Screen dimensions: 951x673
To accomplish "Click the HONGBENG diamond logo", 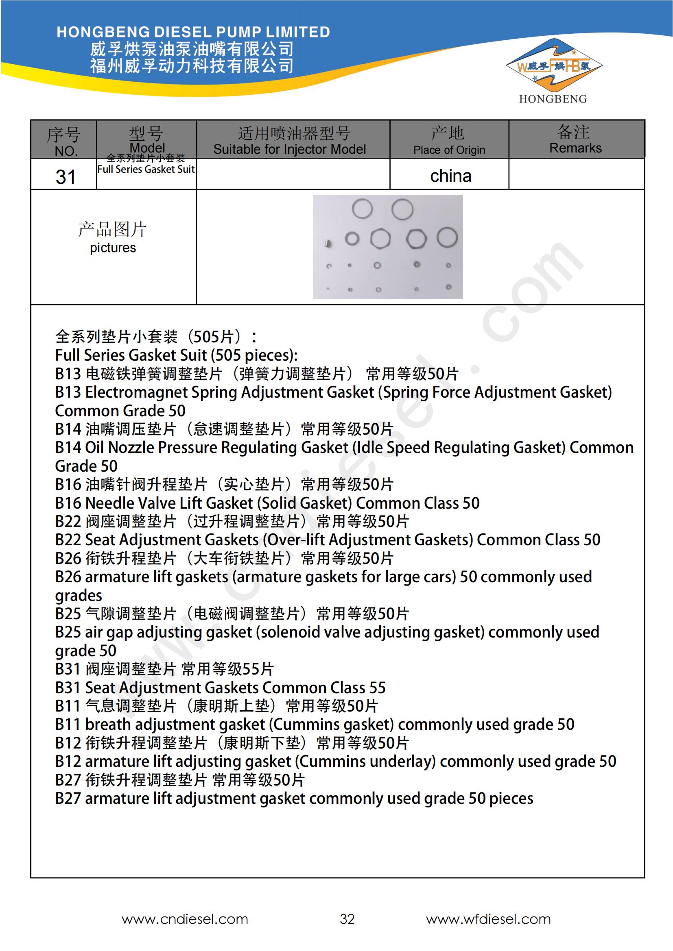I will pyautogui.click(x=553, y=66).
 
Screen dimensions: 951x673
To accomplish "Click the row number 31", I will pyautogui.click(x=66, y=177).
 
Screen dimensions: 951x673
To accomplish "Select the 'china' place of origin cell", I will pyautogui.click(x=450, y=176).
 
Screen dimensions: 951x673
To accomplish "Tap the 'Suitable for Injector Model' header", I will pyautogui.click(x=289, y=149).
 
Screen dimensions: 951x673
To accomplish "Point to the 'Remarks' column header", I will pyautogui.click(x=575, y=148).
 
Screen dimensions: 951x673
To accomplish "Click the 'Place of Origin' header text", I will pyautogui.click(x=449, y=150).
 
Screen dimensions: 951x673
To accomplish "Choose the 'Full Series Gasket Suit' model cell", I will pyautogui.click(x=146, y=169).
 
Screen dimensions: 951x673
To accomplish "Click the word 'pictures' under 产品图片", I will pyautogui.click(x=113, y=248).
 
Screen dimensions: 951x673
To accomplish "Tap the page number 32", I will pyautogui.click(x=347, y=919).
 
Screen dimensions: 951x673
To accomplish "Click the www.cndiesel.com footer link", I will pyautogui.click(x=185, y=919).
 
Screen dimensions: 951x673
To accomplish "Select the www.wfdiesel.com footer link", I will pyautogui.click(x=488, y=919).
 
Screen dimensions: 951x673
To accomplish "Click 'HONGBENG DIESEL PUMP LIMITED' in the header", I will pyautogui.click(x=193, y=32).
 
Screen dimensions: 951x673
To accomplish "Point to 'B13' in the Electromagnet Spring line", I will pyautogui.click(x=68, y=392).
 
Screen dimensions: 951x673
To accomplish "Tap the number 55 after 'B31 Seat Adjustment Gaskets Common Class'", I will pyautogui.click(x=377, y=688).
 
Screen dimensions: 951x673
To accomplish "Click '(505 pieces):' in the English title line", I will pyautogui.click(x=254, y=355).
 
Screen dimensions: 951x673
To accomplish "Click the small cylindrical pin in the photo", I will pyautogui.click(x=328, y=244).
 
